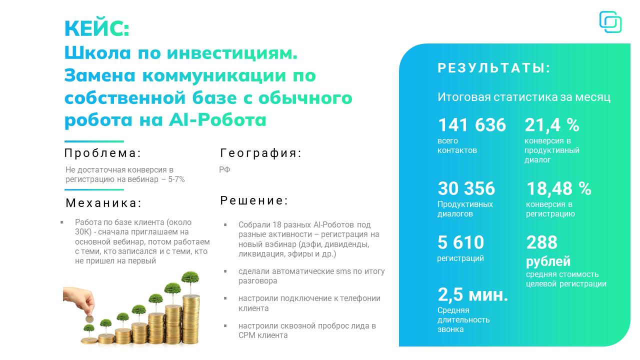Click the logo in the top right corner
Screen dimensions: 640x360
click(610, 22)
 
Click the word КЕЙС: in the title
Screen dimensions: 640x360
click(97, 28)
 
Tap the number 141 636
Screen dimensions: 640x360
click(471, 125)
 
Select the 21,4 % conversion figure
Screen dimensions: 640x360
click(551, 125)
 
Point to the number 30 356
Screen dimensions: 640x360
click(466, 188)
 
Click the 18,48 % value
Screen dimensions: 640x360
click(558, 188)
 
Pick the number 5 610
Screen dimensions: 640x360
click(460, 242)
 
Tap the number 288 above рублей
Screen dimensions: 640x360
click(541, 242)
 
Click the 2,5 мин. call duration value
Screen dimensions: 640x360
click(473, 294)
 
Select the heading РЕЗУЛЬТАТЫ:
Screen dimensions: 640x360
click(494, 68)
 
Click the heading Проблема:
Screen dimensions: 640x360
click(103, 153)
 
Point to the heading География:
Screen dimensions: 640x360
click(261, 153)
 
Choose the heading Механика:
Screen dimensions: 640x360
click(103, 203)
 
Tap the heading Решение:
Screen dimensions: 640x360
click(254, 200)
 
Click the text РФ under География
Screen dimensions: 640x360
click(224, 169)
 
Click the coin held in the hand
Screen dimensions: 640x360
click(89, 318)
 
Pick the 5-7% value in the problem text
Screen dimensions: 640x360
click(176, 179)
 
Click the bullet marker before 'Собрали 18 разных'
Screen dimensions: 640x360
click(225, 225)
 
